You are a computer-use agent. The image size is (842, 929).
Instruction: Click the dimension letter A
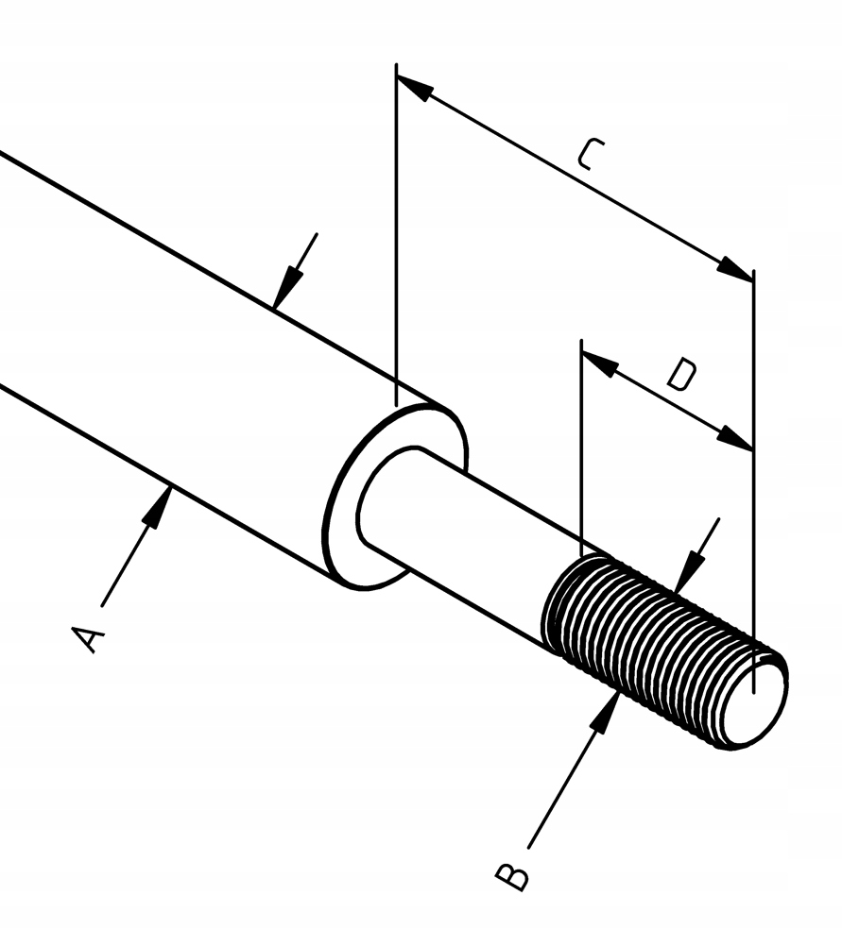click(x=88, y=638)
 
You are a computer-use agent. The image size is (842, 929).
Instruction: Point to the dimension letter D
click(x=680, y=375)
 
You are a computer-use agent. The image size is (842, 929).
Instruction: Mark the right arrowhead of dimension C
click(x=736, y=268)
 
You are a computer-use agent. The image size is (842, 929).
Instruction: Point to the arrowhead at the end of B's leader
click(x=609, y=709)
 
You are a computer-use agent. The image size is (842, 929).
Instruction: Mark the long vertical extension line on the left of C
click(x=397, y=236)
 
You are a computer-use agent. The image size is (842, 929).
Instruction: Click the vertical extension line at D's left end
click(x=582, y=444)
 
